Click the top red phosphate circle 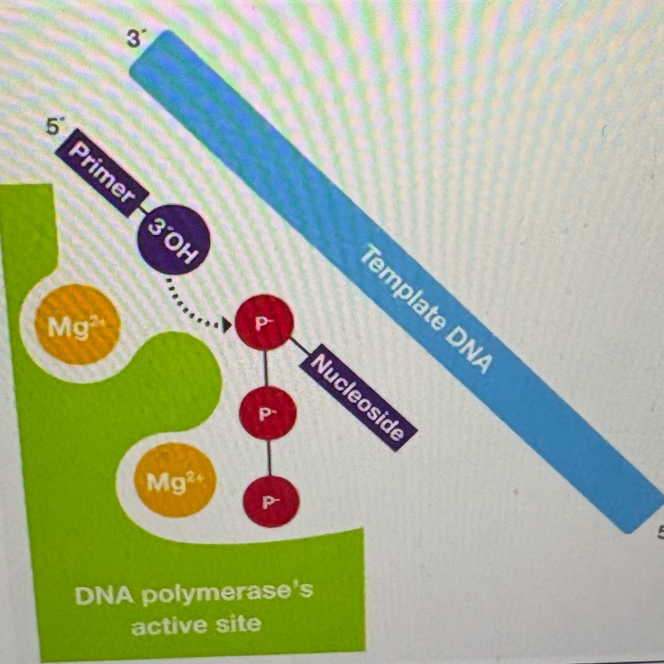click(263, 322)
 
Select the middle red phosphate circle click(268, 413)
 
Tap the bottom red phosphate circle click(271, 501)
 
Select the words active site click(196, 624)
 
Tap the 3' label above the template click(133, 38)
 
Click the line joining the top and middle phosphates click(265, 367)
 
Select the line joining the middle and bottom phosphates click(269, 457)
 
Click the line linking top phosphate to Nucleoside click(298, 344)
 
